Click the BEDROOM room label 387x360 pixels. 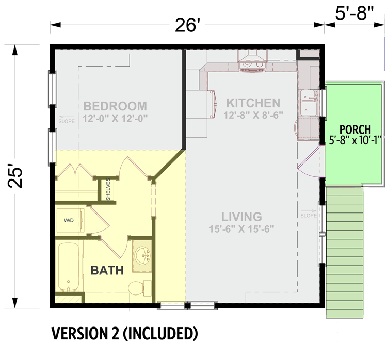[x=115, y=106]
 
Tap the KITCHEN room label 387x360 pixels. [x=253, y=103]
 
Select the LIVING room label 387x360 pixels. [x=241, y=217]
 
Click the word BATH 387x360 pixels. [x=107, y=270]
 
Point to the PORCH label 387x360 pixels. [x=354, y=128]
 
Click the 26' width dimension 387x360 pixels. [x=186, y=25]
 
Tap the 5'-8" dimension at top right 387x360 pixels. [x=354, y=13]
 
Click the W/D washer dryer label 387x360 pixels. [x=68, y=220]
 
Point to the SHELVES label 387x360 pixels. [x=108, y=190]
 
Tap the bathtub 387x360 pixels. [x=68, y=267]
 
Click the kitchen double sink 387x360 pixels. [x=309, y=102]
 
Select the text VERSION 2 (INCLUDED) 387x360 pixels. [x=124, y=334]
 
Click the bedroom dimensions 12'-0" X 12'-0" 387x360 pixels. [x=115, y=118]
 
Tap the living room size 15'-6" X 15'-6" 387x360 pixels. [x=241, y=228]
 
